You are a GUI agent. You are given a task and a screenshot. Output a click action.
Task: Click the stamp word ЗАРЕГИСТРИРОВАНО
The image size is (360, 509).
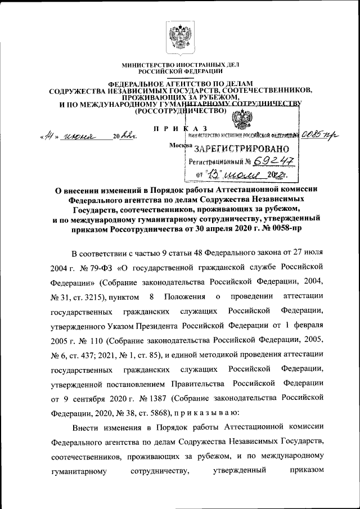pos(242,149)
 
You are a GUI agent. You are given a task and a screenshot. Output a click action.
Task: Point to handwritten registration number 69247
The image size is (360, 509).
pos(274,162)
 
